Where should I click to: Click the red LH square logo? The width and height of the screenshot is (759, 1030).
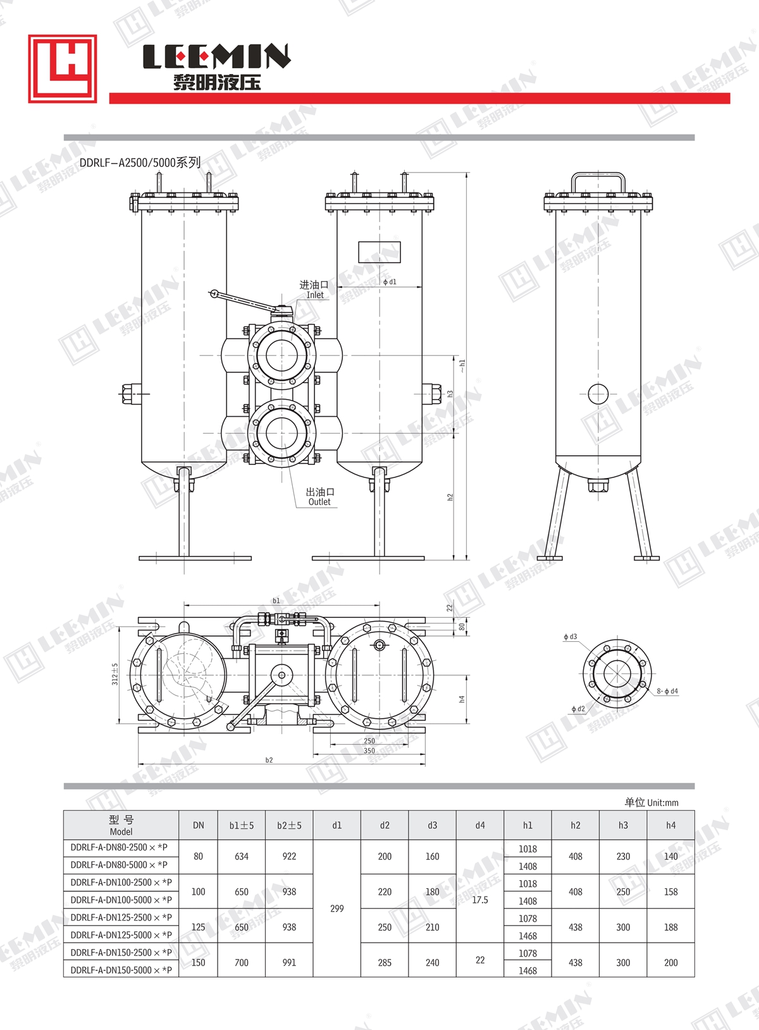tap(63, 68)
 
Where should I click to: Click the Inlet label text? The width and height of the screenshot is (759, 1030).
tap(315, 295)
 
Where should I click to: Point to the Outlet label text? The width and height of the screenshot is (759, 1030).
tap(319, 502)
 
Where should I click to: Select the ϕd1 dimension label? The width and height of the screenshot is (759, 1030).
tap(389, 282)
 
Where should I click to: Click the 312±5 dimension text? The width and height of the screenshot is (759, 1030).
tap(115, 674)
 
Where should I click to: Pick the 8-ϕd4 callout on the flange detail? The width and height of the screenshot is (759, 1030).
tap(667, 691)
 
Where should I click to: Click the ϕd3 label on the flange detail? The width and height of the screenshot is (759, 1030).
tap(570, 637)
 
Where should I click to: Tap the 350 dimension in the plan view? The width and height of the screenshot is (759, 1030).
tap(369, 751)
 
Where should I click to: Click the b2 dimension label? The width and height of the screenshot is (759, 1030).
tap(269, 761)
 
